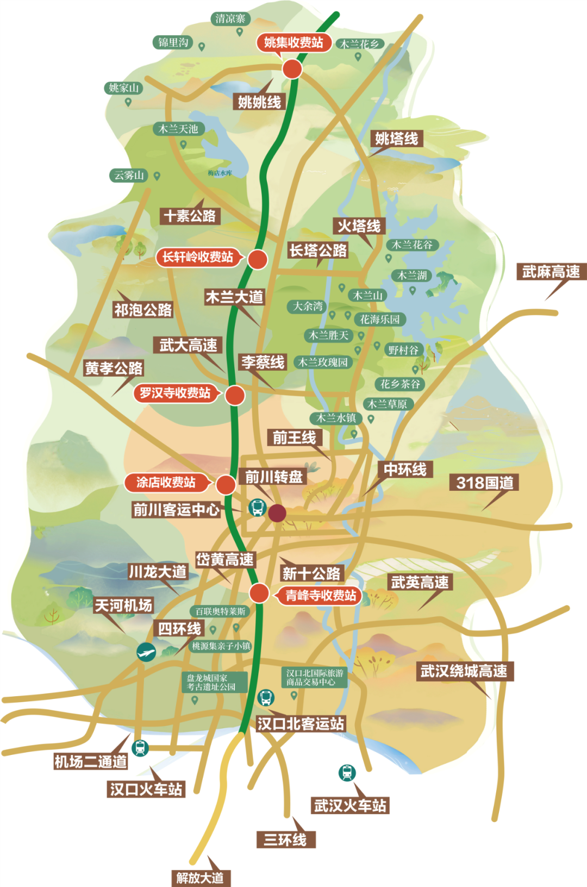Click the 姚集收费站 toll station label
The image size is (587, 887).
[293, 42]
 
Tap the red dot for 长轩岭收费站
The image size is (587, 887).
[258, 259]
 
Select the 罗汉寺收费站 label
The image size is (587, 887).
[175, 392]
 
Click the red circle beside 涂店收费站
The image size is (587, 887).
[226, 484]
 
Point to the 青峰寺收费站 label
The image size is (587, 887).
[321, 596]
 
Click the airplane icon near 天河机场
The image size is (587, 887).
[146, 652]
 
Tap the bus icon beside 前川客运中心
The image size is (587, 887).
[257, 508]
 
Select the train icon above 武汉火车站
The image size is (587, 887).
[347, 772]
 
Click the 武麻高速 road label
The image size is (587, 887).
[551, 272]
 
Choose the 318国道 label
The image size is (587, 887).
[484, 483]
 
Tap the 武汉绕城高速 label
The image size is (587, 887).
[464, 671]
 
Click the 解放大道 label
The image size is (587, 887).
[200, 877]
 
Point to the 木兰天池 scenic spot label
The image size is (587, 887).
[178, 129]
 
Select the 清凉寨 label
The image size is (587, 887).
[230, 18]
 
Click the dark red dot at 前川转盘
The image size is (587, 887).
[277, 513]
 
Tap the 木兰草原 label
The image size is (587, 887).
[387, 404]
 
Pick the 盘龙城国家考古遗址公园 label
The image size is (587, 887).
[214, 682]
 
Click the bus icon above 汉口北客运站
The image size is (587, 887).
[265, 697]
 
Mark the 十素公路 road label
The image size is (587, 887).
[190, 216]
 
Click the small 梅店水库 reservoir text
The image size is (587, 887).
[220, 173]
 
